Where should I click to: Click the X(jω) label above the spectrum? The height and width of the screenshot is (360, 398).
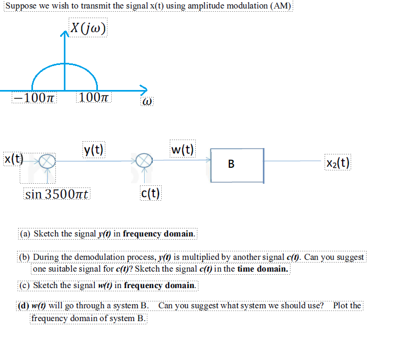pyautogui.click(x=88, y=28)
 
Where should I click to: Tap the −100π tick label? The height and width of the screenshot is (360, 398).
pyautogui.click(x=36, y=98)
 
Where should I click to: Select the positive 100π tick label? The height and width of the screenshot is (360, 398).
pyautogui.click(x=95, y=98)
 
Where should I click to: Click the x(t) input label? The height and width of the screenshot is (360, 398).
pyautogui.click(x=14, y=158)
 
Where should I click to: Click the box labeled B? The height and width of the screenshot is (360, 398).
pyautogui.click(x=237, y=165)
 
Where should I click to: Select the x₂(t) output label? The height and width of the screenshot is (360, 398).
pyautogui.click(x=337, y=162)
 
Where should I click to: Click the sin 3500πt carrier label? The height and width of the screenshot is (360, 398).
pyautogui.click(x=58, y=194)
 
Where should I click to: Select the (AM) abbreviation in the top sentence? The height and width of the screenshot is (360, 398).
pyautogui.click(x=280, y=6)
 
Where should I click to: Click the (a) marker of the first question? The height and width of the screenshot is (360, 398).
pyautogui.click(x=26, y=233)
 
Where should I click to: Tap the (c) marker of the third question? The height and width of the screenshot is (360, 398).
pyautogui.click(x=26, y=285)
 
